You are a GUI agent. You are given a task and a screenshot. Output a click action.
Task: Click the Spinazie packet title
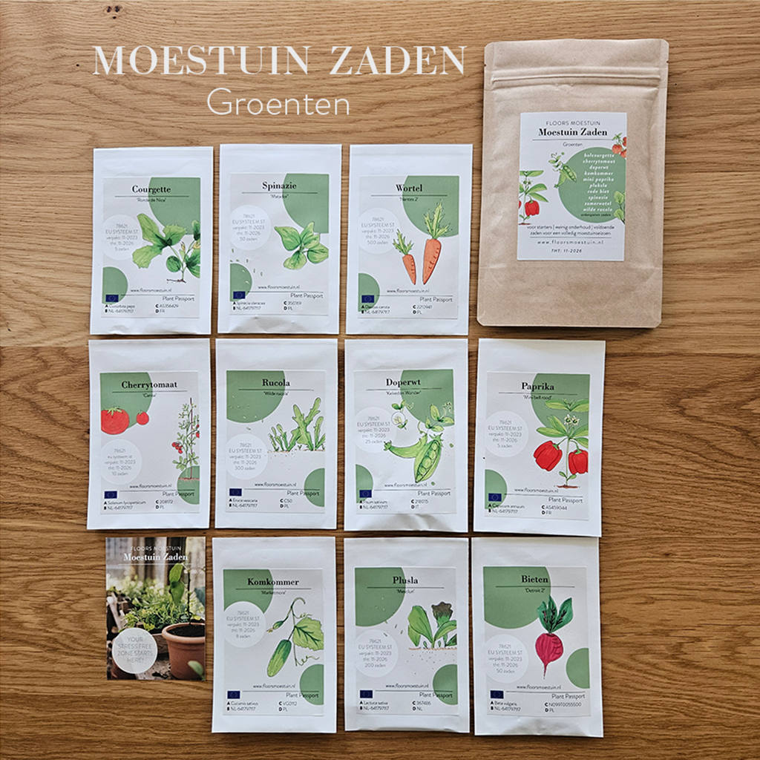pyautogui.click(x=275, y=186)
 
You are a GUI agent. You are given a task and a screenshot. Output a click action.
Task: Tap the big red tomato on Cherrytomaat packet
pyautogui.click(x=115, y=421)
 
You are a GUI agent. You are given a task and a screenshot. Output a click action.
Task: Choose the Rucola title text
pyautogui.click(x=275, y=383)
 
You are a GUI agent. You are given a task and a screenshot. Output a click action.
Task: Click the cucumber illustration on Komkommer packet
pyautogui.click(x=279, y=658)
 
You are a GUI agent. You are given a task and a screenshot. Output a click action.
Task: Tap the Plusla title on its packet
pyautogui.click(x=407, y=580)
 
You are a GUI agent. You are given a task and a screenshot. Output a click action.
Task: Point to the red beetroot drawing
pyautogui.click(x=550, y=646)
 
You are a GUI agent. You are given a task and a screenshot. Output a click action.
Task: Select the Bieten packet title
pyautogui.click(x=535, y=579)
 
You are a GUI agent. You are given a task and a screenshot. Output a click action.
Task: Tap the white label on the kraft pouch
pyautogui.click(x=571, y=186)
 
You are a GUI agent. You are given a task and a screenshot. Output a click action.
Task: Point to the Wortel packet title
pyautogui.click(x=409, y=189)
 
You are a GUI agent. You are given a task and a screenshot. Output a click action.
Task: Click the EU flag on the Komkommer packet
pyautogui.click(x=234, y=695)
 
